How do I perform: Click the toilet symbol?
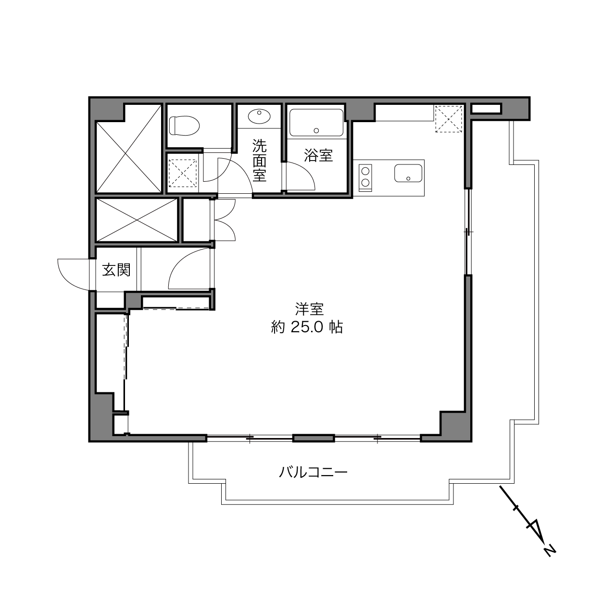pos(184,125)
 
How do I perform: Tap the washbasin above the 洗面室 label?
pos(259,116)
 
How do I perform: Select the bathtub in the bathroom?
pos(316,123)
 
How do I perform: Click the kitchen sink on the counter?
pos(408,173)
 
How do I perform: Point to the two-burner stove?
pos(365,177)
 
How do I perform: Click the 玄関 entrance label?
pos(116,270)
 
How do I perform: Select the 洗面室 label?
pos(259,160)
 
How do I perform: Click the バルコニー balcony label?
pos(313,472)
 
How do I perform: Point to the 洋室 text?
pos(309,309)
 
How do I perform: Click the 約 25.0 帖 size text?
pos(307,327)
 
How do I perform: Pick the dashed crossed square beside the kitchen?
pos(449,119)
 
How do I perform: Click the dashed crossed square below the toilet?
pos(183,174)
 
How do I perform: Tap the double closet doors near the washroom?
pos(224,220)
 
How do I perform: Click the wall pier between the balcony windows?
pos(314,439)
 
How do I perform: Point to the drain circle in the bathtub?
pos(316,131)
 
